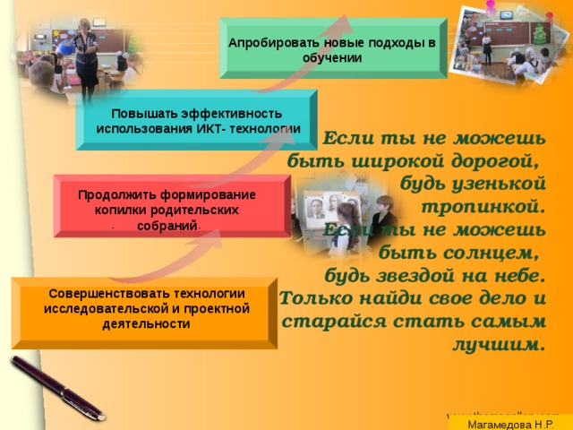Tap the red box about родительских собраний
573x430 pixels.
point(170,206)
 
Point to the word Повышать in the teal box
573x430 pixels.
point(141,113)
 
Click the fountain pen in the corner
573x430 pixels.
point(54,388)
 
